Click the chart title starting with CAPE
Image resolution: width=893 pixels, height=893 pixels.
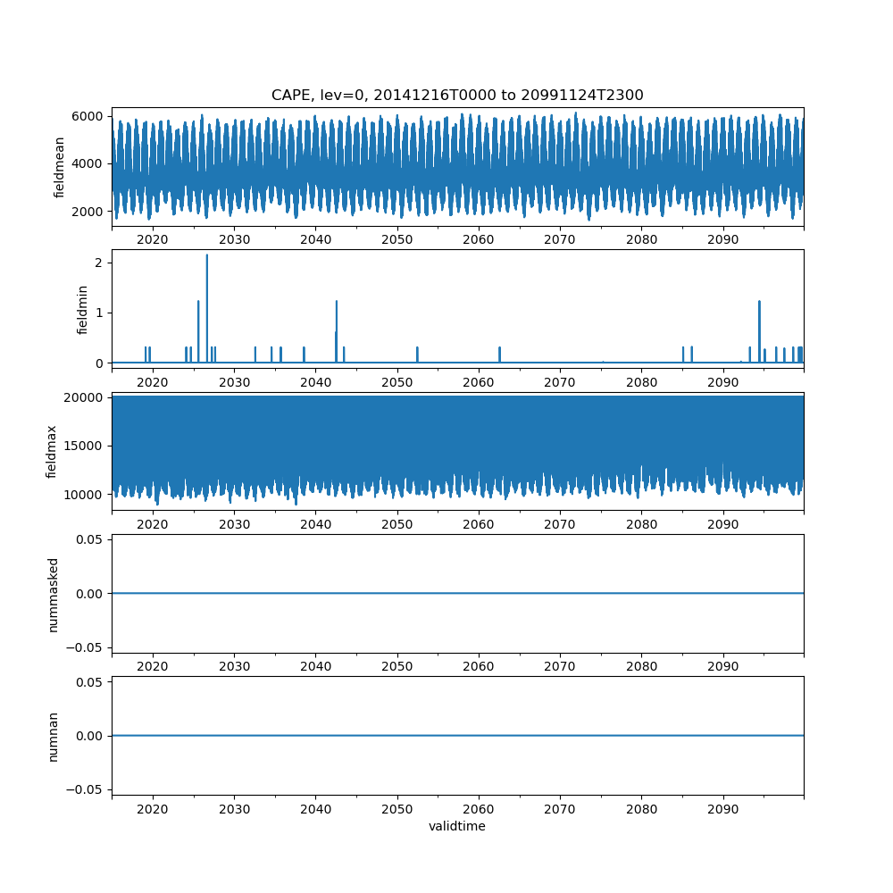tap(457, 95)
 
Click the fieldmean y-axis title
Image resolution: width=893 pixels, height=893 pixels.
tap(60, 167)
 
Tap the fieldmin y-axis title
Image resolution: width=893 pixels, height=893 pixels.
tap(82, 309)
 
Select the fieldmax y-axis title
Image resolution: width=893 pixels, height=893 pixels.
tap(52, 451)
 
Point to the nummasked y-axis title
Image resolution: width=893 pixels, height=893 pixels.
tap(53, 594)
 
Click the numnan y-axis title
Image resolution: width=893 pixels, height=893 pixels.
tap(53, 736)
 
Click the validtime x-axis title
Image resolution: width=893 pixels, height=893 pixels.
tap(457, 826)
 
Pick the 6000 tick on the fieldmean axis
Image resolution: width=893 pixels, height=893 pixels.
tap(91, 116)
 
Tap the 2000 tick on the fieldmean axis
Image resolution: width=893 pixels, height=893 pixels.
tap(91, 211)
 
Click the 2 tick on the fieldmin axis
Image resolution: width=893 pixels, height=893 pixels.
tap(101, 263)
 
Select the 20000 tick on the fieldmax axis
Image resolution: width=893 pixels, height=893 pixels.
tap(88, 397)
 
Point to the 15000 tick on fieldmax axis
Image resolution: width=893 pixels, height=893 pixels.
tap(88, 446)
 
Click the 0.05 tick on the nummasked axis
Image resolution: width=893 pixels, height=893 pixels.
tap(92, 539)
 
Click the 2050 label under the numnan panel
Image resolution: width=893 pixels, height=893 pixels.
tap(396, 809)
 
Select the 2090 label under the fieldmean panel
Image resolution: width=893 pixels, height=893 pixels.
tap(722, 240)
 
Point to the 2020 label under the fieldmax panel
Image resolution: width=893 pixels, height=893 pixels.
tap(153, 525)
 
